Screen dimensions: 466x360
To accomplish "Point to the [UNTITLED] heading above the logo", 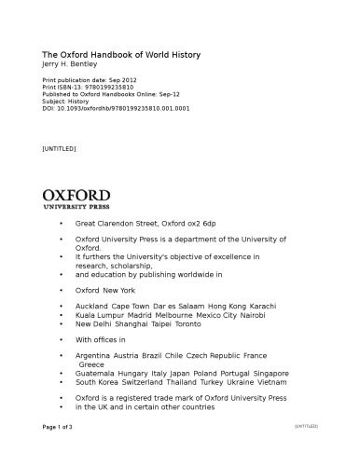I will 61,148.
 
